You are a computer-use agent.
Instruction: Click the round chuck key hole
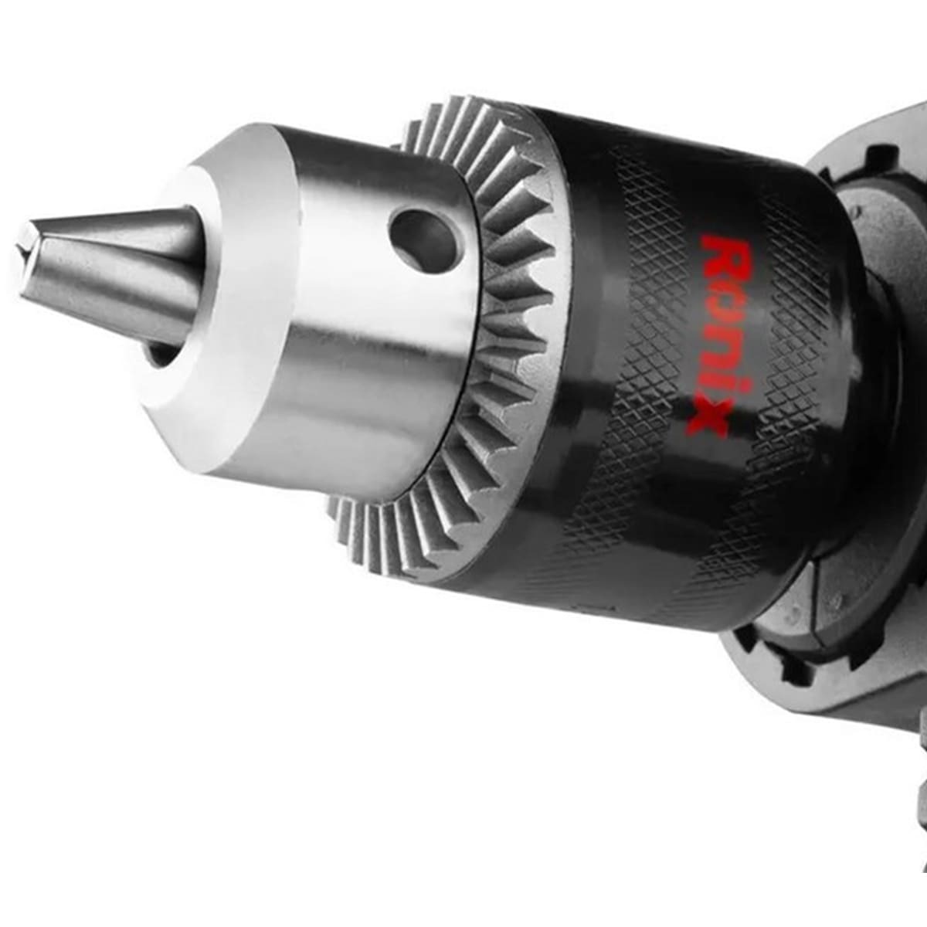[x=423, y=236]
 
